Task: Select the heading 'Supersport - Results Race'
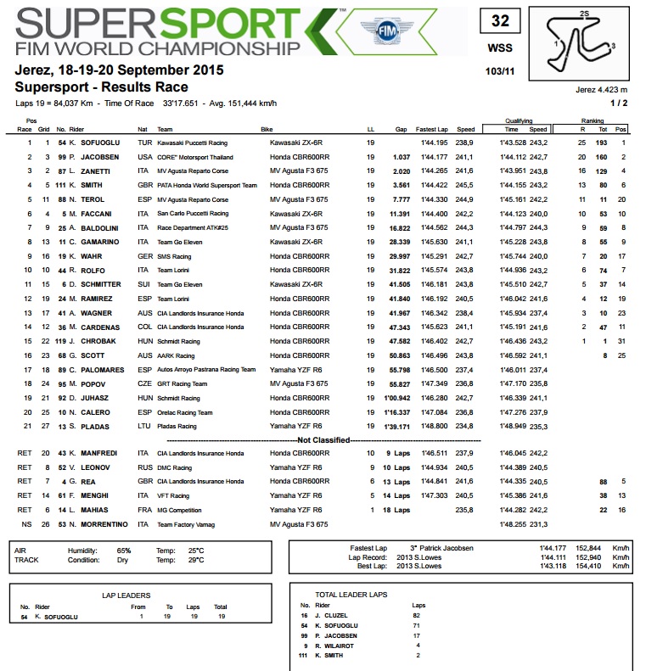tap(101, 87)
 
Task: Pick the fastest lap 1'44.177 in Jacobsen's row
tap(433, 157)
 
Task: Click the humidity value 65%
tap(123, 550)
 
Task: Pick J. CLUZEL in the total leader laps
tap(339, 615)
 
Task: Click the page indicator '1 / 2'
tap(619, 103)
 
